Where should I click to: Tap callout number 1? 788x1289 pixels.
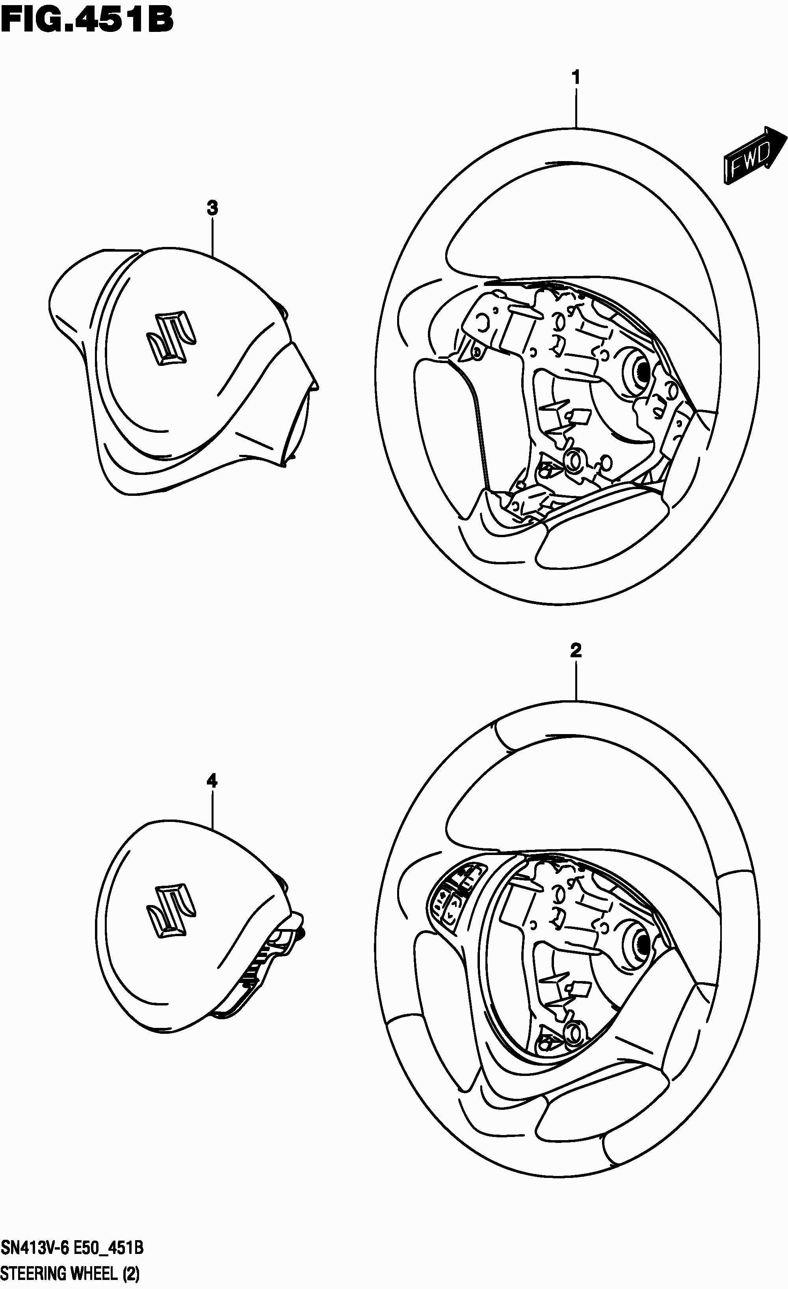point(576,78)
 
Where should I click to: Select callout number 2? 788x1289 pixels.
point(576,650)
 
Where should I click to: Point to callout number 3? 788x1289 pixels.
point(212,208)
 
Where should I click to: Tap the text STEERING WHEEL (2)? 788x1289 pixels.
point(71,1273)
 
